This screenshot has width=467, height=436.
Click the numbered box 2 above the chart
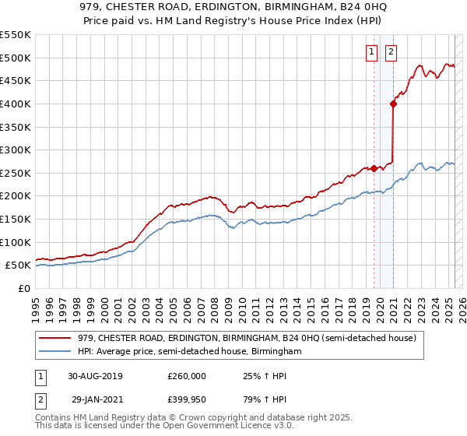pos(390,52)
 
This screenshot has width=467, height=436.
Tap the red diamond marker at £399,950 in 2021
pos(394,103)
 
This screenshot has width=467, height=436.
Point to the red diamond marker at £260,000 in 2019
pos(374,167)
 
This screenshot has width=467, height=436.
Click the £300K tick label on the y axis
pos(16,149)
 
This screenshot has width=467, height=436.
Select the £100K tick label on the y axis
pos(16,242)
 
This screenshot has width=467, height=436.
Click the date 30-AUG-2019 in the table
pos(95,376)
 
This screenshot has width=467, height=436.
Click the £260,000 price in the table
pos(186,376)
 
